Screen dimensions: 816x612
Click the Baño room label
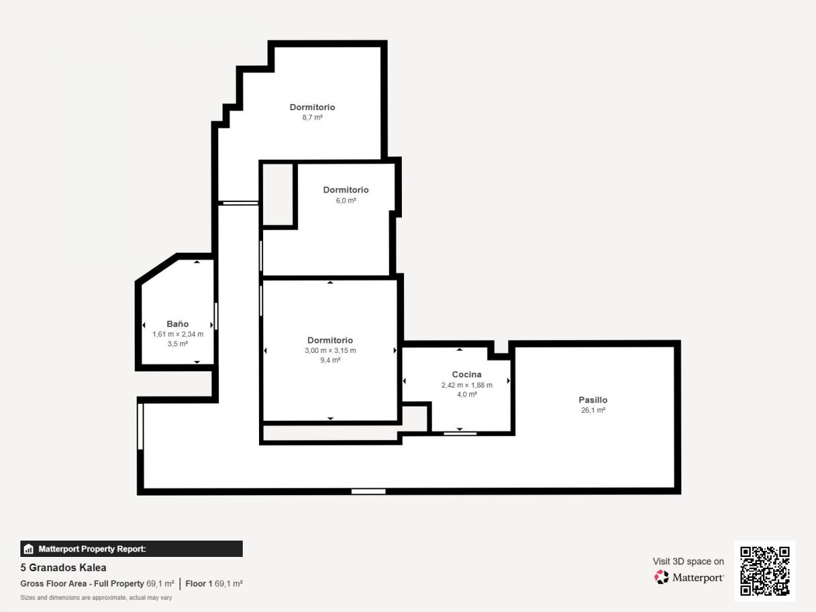[x=177, y=324]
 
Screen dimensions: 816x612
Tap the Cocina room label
[x=466, y=375]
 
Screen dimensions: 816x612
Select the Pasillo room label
[x=593, y=401]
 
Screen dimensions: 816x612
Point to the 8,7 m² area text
[x=312, y=118]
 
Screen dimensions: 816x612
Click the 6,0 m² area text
[x=346, y=201]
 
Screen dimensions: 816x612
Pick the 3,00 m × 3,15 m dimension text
[x=330, y=350]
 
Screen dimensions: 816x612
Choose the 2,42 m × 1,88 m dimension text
[x=467, y=386]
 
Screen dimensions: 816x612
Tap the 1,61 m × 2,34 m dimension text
[x=177, y=334]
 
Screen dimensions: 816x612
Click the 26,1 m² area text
[x=594, y=410]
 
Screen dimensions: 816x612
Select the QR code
[x=765, y=571]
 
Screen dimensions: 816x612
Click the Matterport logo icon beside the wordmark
[x=662, y=577]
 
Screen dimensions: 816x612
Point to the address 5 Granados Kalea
[x=63, y=568]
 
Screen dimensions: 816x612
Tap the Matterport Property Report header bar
[x=131, y=549]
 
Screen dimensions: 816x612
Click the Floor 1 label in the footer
[x=199, y=583]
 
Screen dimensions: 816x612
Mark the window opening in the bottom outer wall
[x=369, y=492]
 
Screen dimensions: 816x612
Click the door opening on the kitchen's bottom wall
[x=460, y=434]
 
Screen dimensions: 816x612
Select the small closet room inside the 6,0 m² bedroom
[x=277, y=194]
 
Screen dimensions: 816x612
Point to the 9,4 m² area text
[x=330, y=360]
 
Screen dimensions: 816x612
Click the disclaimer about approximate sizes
[x=96, y=598]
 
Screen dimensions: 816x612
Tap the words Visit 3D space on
[x=688, y=562]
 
